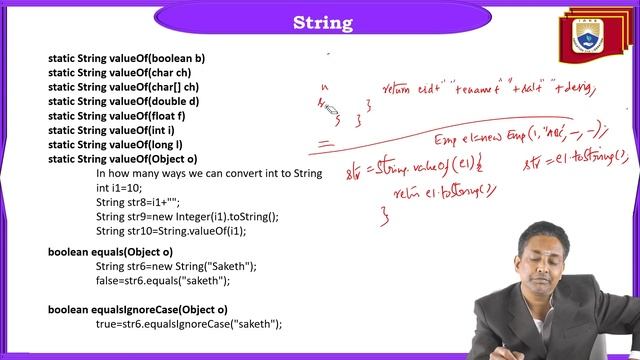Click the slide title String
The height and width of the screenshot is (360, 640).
pyautogui.click(x=321, y=22)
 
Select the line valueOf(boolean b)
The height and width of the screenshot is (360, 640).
pyautogui.click(x=126, y=58)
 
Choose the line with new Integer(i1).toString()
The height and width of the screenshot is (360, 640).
pyautogui.click(x=187, y=216)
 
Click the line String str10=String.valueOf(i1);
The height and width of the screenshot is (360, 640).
pyautogui.click(x=185, y=230)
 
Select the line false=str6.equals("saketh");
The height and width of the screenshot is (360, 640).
pyautogui.click(x=163, y=281)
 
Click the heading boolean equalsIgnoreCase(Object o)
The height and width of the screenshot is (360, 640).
pyautogui.click(x=138, y=309)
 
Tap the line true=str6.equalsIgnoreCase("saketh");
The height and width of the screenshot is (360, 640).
pyautogui.click(x=189, y=324)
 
